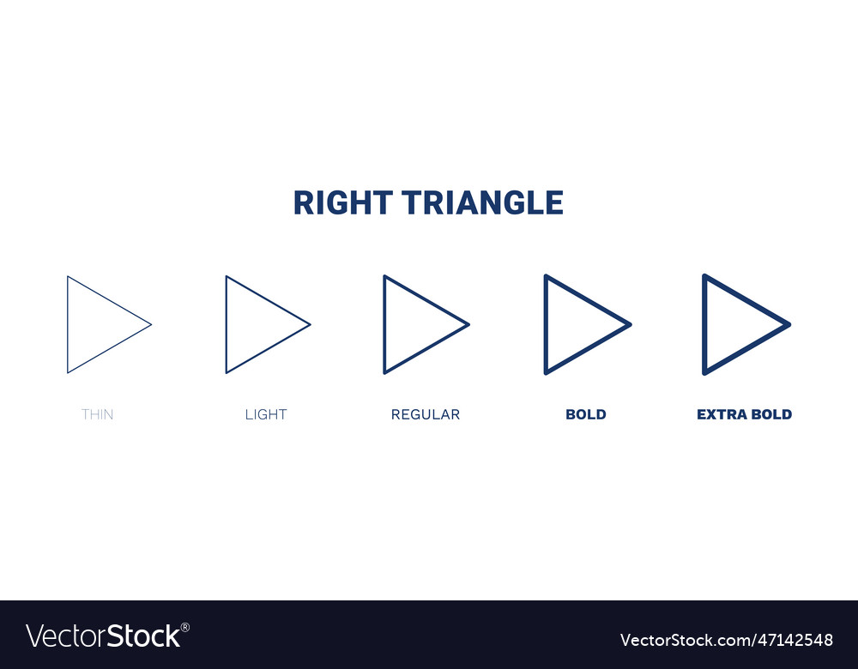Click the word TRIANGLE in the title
pos(483,203)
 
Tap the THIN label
pos(97,414)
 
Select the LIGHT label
pos(266,414)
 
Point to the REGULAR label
pos(426,414)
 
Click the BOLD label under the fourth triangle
pos(586,414)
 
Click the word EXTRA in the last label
pos(720,414)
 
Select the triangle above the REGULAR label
pos(413,324)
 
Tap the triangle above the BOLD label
pos(574,324)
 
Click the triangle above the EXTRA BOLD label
pos(733,324)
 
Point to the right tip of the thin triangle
pos(151,324)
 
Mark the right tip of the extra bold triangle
pos(789,324)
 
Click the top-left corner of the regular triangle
pos(384,276)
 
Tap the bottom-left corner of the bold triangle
pos(546,373)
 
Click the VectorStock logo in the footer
pos(103,636)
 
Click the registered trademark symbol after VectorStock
pos(185,627)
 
